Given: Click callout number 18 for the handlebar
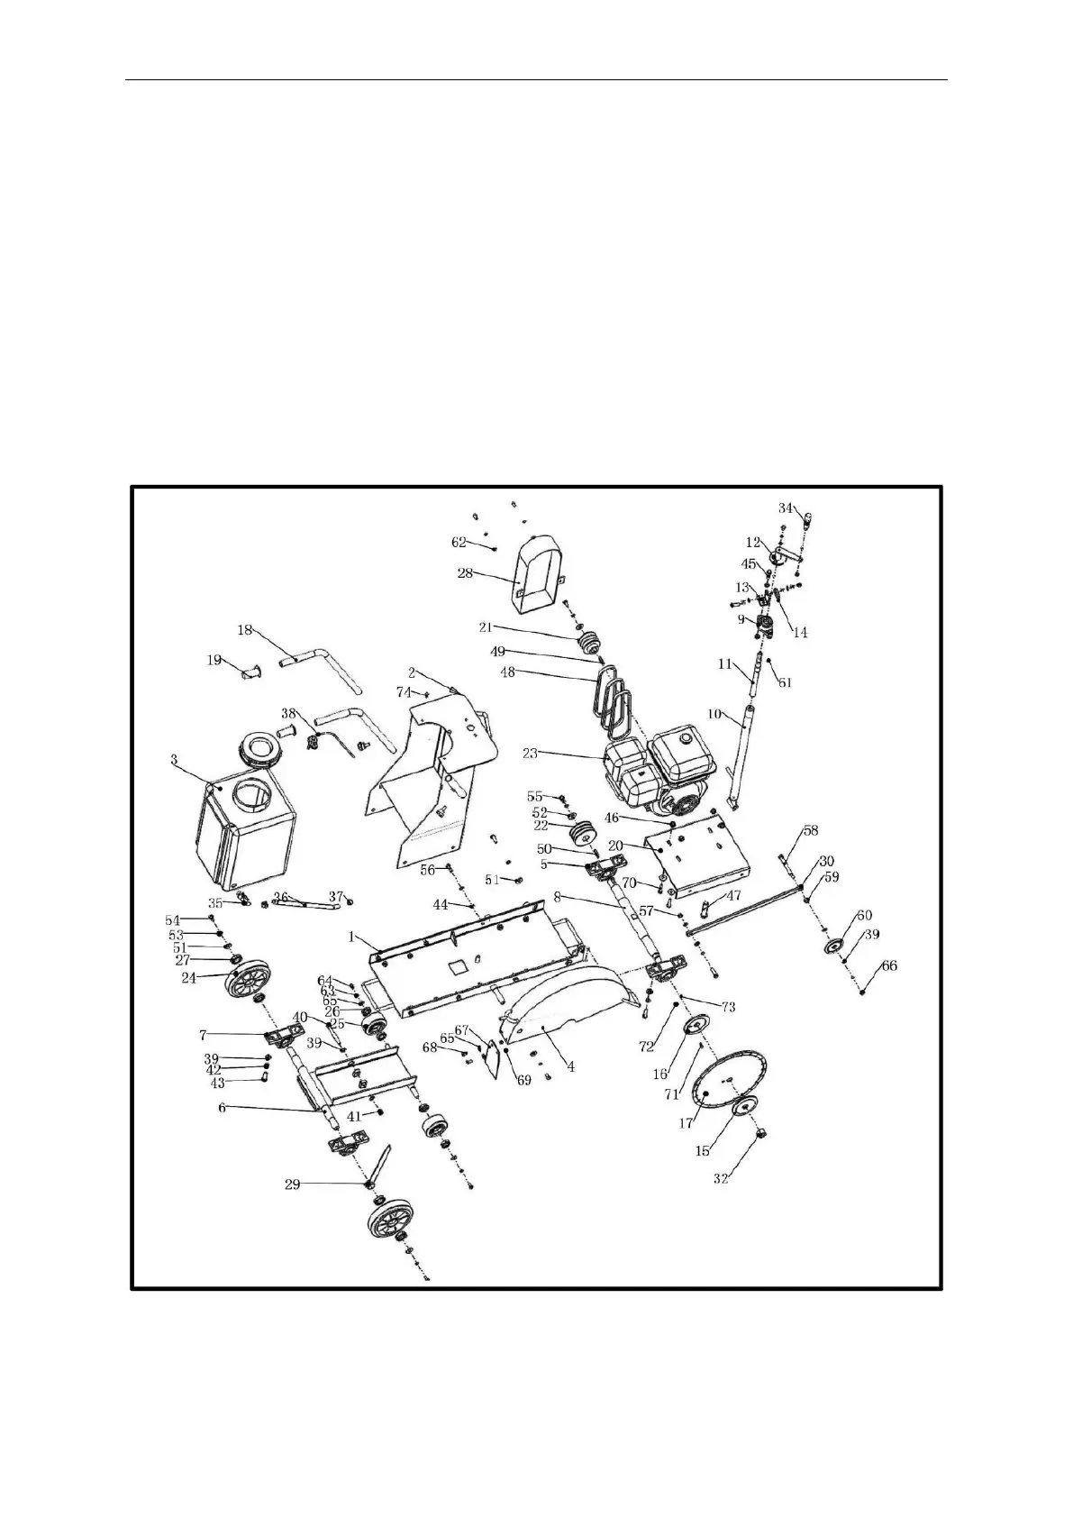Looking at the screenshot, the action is (245, 630).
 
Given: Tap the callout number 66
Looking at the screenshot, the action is (889, 966).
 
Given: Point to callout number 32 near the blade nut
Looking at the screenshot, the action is (721, 1177).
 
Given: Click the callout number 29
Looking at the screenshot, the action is (292, 1184).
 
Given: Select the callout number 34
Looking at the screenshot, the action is (787, 508).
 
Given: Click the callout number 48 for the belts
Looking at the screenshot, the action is (508, 672).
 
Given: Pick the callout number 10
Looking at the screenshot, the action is (714, 714).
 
